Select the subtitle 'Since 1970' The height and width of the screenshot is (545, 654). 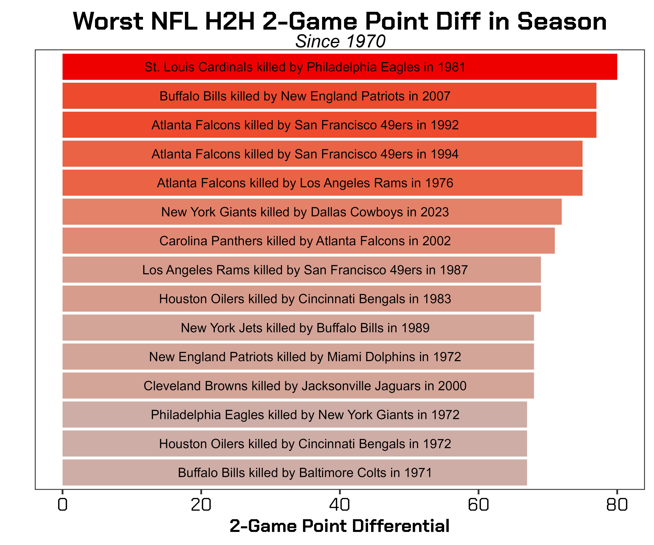(340, 41)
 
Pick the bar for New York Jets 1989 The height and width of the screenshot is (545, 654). (483, 328)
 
